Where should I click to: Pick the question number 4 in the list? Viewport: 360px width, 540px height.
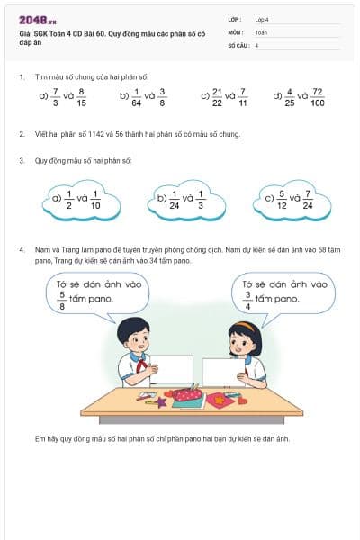[x=22, y=248]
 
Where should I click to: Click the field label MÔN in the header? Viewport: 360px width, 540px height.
[x=235, y=31]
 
